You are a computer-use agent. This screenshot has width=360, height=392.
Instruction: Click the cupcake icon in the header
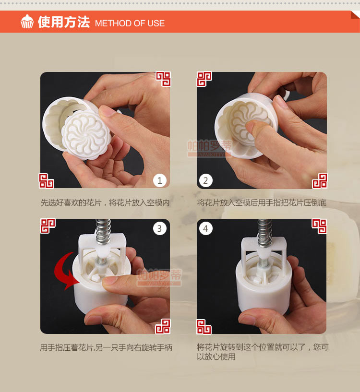click(27, 22)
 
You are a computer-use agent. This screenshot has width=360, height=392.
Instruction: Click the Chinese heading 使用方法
click(64, 22)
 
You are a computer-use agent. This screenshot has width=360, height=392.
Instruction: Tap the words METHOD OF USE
click(130, 23)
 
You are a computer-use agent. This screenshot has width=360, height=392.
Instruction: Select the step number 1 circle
click(160, 180)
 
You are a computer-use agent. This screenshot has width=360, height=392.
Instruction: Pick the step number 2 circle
click(205, 180)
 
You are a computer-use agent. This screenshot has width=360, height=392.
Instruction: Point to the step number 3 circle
click(160, 228)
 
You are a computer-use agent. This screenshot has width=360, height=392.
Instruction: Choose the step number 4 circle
click(205, 228)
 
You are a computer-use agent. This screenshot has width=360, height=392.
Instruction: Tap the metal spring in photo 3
click(103, 231)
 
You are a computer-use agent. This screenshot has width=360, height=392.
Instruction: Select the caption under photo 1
click(105, 202)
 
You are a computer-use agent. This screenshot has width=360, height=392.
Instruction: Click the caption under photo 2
click(262, 202)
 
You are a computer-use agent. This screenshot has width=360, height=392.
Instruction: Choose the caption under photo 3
click(106, 347)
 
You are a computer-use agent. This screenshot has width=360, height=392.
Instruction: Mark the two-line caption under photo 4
click(263, 352)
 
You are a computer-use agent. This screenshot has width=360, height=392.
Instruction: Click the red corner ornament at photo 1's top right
click(163, 79)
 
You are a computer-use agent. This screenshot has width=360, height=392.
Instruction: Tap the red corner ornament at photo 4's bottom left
click(204, 327)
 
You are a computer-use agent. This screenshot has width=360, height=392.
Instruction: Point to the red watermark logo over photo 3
click(159, 277)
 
